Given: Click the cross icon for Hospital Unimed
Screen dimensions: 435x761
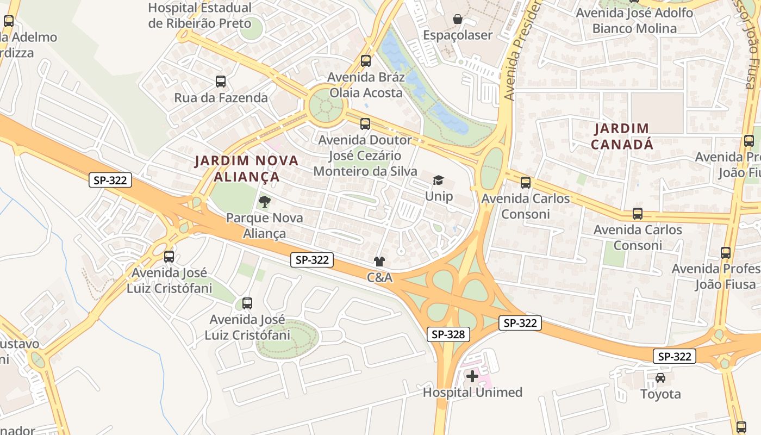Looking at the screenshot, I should click(472, 376).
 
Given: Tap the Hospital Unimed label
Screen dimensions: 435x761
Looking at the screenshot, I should click(472, 392).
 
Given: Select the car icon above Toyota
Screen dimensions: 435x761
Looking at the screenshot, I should click(660, 378).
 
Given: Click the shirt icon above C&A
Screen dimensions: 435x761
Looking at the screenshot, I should click(379, 262).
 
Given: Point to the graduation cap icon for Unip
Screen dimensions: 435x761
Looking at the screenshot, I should click(438, 181).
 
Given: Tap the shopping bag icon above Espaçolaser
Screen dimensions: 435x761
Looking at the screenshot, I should click(458, 20).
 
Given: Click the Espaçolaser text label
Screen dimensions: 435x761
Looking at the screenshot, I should click(458, 35).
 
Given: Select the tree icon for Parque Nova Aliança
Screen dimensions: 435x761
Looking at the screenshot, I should click(264, 202).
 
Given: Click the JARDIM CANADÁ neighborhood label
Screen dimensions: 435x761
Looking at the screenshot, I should click(622, 136).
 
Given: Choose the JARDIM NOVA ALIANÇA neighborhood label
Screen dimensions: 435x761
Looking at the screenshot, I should click(247, 169).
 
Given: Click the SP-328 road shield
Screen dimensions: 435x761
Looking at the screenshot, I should click(448, 334).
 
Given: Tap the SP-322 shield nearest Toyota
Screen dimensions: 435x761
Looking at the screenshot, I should click(674, 356).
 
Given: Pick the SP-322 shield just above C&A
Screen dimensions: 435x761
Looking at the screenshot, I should click(311, 260).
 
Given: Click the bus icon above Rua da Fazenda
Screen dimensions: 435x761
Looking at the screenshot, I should click(221, 82).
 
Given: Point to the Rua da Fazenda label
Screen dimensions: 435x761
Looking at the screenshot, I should click(221, 98).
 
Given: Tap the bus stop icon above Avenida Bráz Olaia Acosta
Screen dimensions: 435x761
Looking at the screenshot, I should click(366, 61).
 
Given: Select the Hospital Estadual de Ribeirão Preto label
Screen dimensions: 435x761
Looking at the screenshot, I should click(199, 16).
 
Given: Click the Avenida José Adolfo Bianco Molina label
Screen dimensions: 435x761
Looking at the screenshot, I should click(634, 21).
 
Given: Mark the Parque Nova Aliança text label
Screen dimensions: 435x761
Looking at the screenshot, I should click(264, 226).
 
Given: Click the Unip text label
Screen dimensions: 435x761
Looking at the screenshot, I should click(439, 196).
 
